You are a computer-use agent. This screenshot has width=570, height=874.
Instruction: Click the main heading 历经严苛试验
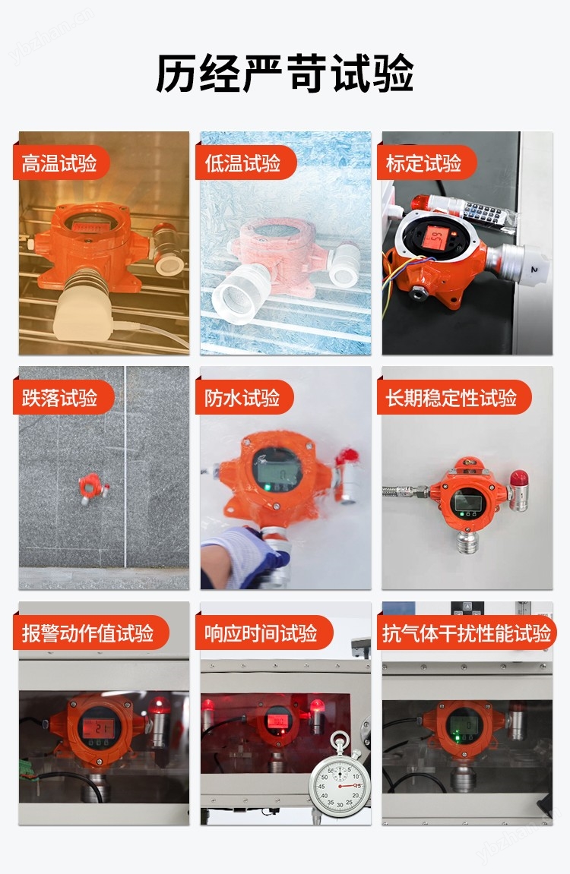point(285,74)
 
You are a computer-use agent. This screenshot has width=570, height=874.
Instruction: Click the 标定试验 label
point(424,163)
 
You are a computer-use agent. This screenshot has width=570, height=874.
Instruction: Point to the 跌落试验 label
point(60,398)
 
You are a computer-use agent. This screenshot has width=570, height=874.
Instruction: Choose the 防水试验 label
point(242,398)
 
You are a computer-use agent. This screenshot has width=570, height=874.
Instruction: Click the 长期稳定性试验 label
point(451,398)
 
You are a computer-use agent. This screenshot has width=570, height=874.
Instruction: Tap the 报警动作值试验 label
point(88,633)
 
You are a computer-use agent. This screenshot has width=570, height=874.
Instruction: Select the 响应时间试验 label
point(261,633)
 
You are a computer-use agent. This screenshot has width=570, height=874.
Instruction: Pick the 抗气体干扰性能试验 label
point(467,633)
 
